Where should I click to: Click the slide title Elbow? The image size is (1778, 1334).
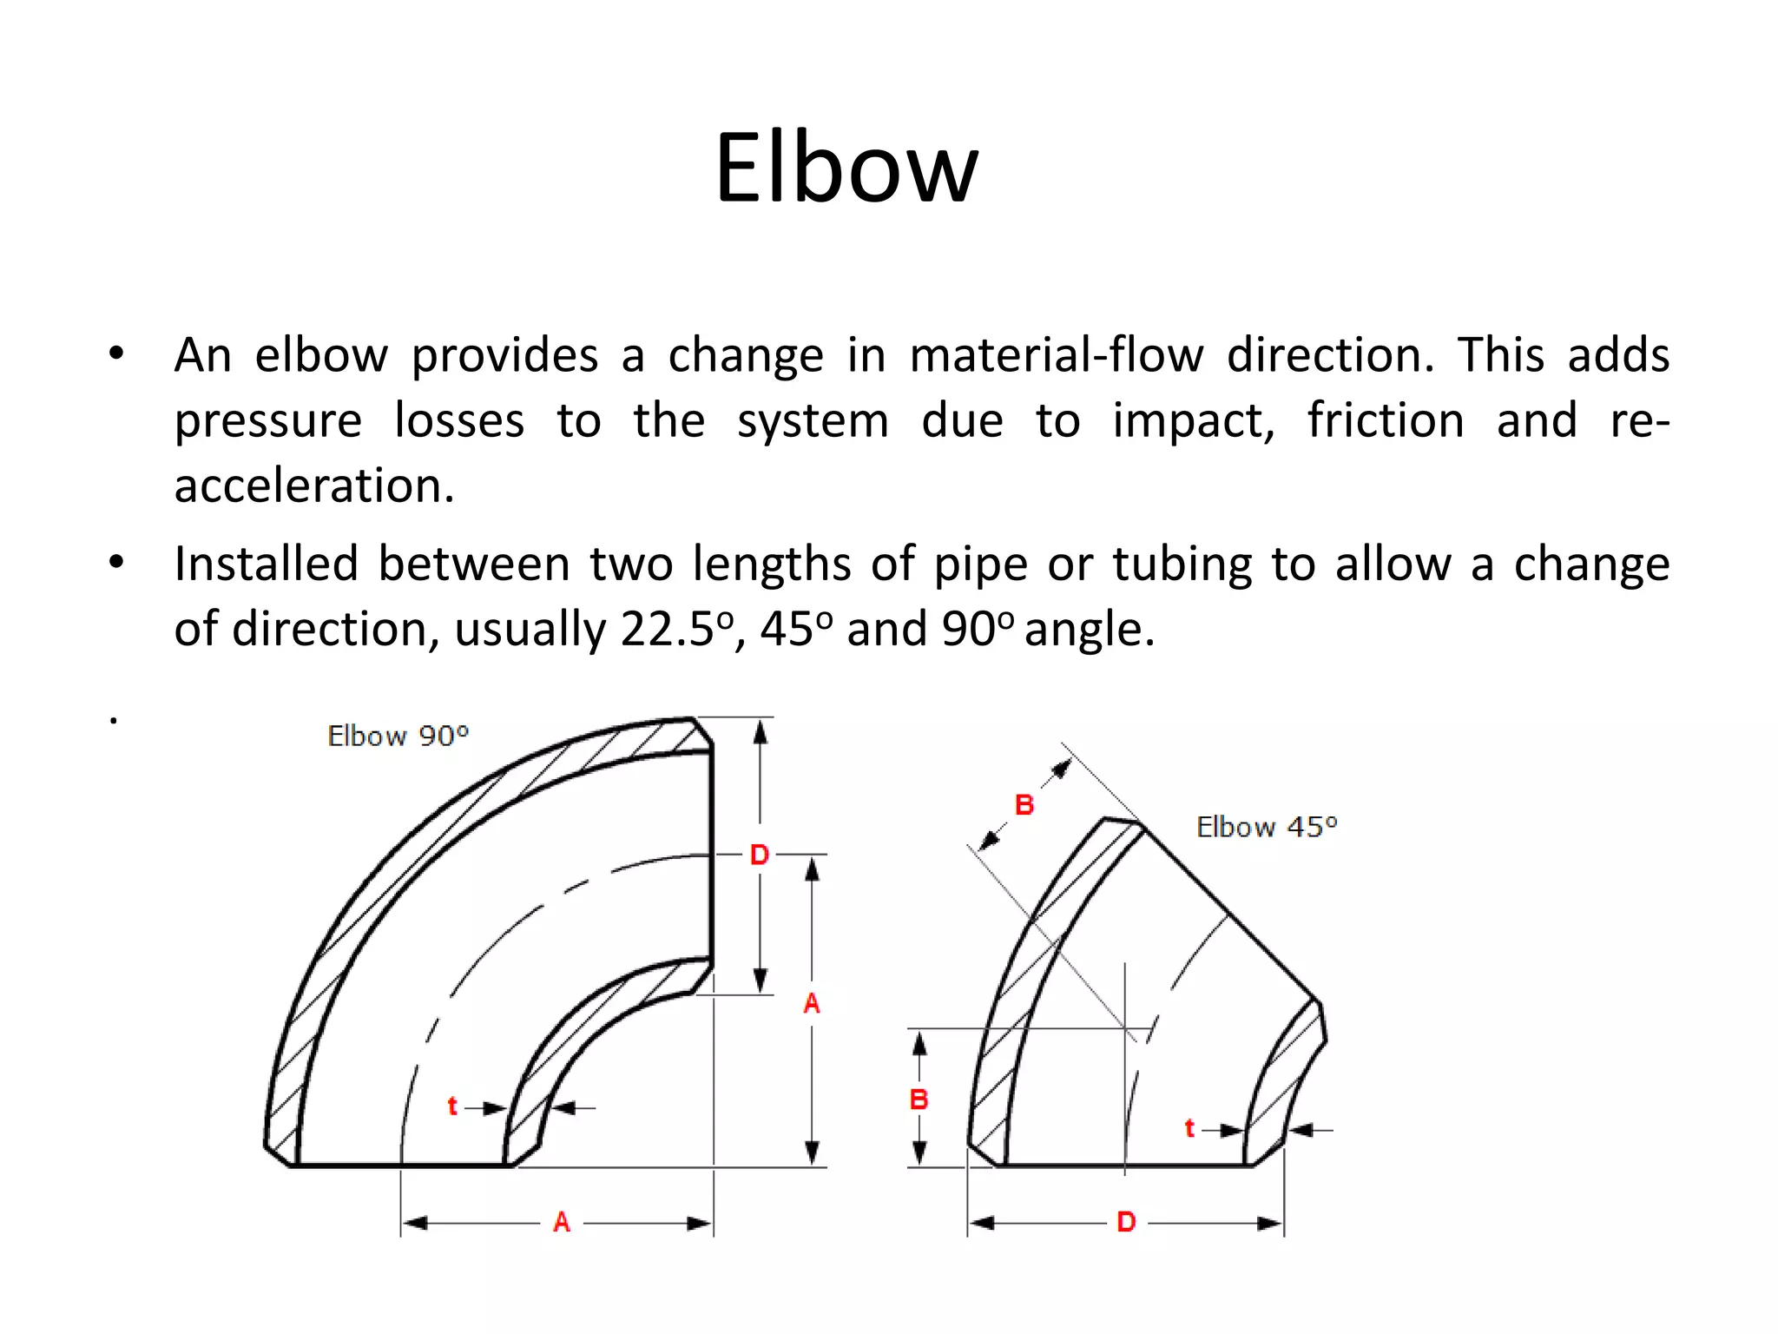click(x=846, y=168)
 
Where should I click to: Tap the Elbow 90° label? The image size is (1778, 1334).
click(x=398, y=736)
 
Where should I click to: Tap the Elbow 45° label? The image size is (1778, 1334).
click(x=1267, y=827)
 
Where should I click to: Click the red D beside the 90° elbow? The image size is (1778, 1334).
click(x=760, y=855)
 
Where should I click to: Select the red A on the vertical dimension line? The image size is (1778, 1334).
click(x=812, y=1004)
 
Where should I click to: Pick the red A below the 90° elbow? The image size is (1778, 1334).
click(x=562, y=1223)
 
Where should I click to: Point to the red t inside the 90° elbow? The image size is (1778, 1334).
click(x=452, y=1106)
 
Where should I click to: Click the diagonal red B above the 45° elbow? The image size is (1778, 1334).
click(x=1024, y=805)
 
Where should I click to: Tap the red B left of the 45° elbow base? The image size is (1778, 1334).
click(x=919, y=1100)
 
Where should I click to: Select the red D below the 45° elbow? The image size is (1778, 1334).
click(x=1126, y=1223)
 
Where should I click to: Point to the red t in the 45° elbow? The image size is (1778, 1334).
click(x=1189, y=1129)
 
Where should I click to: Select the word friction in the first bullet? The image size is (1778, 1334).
click(x=1386, y=421)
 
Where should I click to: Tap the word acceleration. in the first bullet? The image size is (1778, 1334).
click(x=314, y=485)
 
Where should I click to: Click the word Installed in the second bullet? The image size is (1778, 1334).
click(x=266, y=564)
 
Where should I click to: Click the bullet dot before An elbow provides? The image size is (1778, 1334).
click(x=116, y=354)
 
